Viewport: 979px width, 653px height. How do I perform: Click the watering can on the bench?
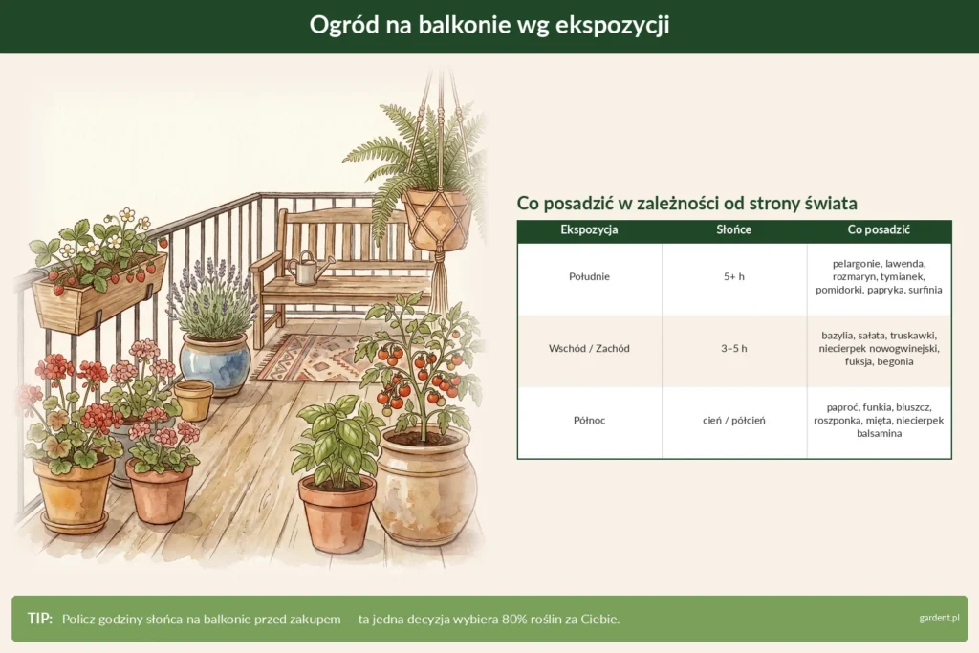pos(307,269)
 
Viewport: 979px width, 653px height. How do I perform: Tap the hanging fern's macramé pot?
pos(436,220)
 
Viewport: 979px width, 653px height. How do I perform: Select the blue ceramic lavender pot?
pos(214,363)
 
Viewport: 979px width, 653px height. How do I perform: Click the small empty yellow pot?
pos(193,400)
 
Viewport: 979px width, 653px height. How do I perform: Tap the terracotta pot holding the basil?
pos(337,513)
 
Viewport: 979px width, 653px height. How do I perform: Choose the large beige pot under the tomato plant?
pos(425,485)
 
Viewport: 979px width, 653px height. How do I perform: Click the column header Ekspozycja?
pos(589,229)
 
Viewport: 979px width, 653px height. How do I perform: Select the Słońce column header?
pos(733,229)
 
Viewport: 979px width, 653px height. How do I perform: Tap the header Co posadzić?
pos(879,229)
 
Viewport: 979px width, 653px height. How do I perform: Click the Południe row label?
pos(589,276)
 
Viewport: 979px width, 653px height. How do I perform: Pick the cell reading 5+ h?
pos(733,276)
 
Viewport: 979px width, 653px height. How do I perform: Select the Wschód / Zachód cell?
pos(589,348)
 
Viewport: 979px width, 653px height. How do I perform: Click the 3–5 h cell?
pos(733,348)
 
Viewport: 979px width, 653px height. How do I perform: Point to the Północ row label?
pos(589,420)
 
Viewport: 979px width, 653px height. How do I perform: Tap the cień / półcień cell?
pos(733,421)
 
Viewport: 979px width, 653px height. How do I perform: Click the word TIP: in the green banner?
pos(40,618)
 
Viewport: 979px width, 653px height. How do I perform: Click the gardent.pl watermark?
pos(939,618)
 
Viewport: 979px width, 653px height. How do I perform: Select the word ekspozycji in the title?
pos(612,26)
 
